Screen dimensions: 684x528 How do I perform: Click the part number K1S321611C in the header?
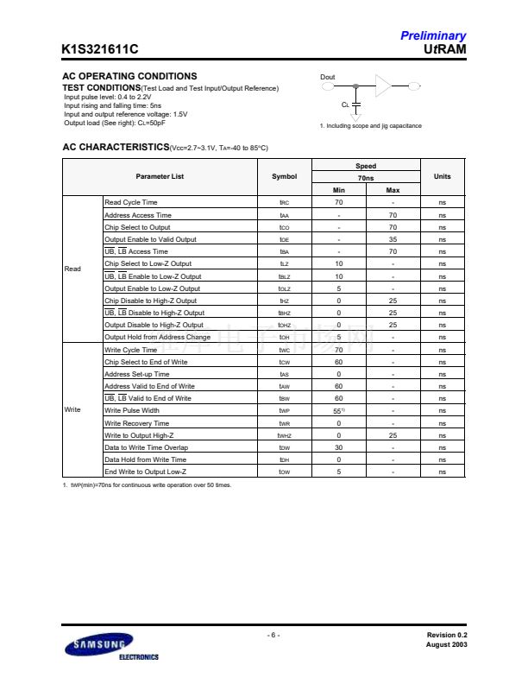(100, 50)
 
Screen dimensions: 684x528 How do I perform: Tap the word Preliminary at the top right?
(433, 36)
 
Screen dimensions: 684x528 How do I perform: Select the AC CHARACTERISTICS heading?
(116, 148)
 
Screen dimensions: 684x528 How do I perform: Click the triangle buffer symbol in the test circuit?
(383, 85)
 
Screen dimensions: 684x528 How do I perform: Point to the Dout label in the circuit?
(328, 78)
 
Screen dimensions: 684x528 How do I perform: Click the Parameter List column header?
(160, 177)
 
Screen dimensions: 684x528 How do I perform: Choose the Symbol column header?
(285, 177)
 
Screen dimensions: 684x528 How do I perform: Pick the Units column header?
(442, 177)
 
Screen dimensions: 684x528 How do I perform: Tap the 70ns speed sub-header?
(366, 177)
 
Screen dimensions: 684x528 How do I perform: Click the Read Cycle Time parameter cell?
(131, 202)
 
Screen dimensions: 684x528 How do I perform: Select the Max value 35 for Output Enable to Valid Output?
(393, 239)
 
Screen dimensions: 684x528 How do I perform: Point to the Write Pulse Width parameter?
(132, 411)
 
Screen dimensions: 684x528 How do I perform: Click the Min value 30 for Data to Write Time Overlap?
(339, 448)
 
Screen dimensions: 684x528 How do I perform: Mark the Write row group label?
(73, 410)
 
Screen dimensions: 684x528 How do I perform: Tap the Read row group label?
(72, 269)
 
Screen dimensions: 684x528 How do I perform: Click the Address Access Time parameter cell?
(138, 215)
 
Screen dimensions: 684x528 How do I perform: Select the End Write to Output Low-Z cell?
(145, 472)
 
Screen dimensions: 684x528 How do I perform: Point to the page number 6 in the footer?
(273, 636)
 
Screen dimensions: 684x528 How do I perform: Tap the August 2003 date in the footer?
(447, 645)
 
